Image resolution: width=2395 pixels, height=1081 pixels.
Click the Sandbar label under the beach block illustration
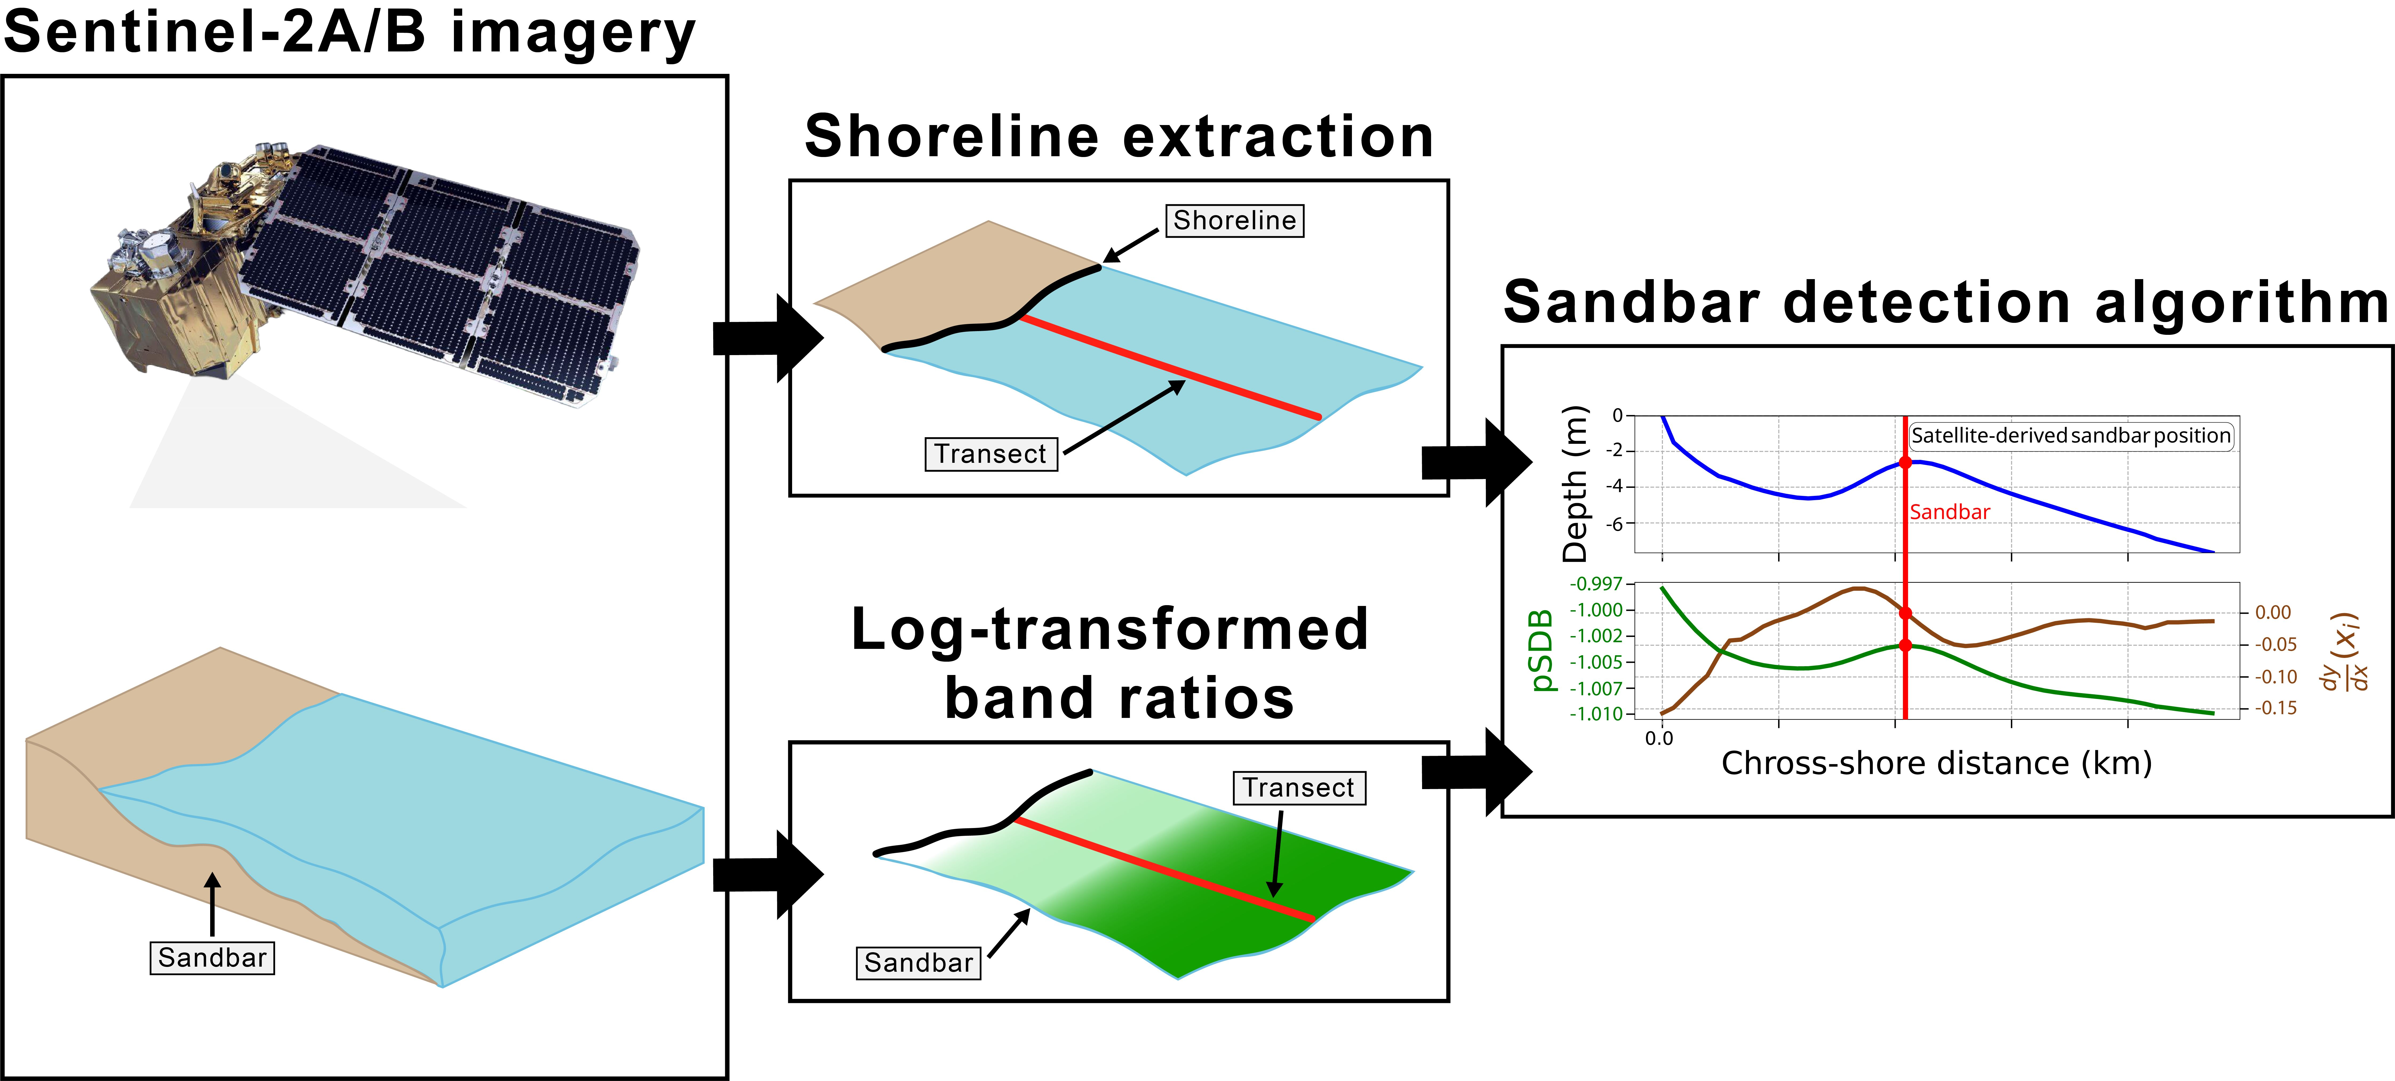click(x=212, y=957)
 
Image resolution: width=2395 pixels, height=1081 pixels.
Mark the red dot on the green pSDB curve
click(x=1905, y=645)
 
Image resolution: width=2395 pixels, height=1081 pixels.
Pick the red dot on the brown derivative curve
click(x=1905, y=613)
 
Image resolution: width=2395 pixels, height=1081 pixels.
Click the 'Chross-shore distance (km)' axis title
click(x=1937, y=763)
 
